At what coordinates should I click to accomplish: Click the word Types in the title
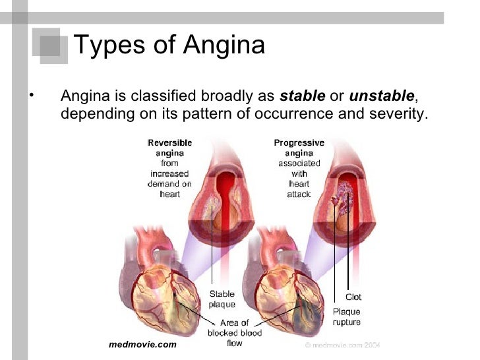(107, 45)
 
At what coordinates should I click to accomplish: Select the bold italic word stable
(303, 96)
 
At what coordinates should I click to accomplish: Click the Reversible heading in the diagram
(169, 142)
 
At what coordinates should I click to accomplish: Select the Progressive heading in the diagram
(299, 142)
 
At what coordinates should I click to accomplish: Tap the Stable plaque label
(222, 299)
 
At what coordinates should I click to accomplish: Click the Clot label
(353, 297)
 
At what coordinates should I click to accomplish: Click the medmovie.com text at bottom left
(142, 345)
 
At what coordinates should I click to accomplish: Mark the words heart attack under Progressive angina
(299, 189)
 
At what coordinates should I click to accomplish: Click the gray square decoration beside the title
(52, 46)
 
